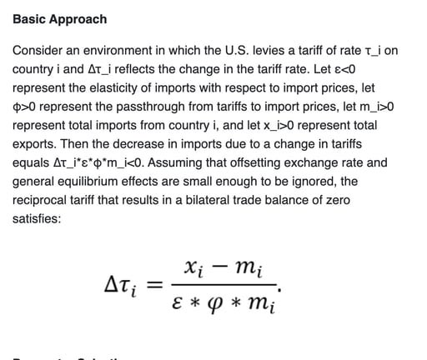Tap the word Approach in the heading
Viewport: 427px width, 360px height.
click(x=78, y=19)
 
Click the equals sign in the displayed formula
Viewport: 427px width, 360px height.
click(x=153, y=286)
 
